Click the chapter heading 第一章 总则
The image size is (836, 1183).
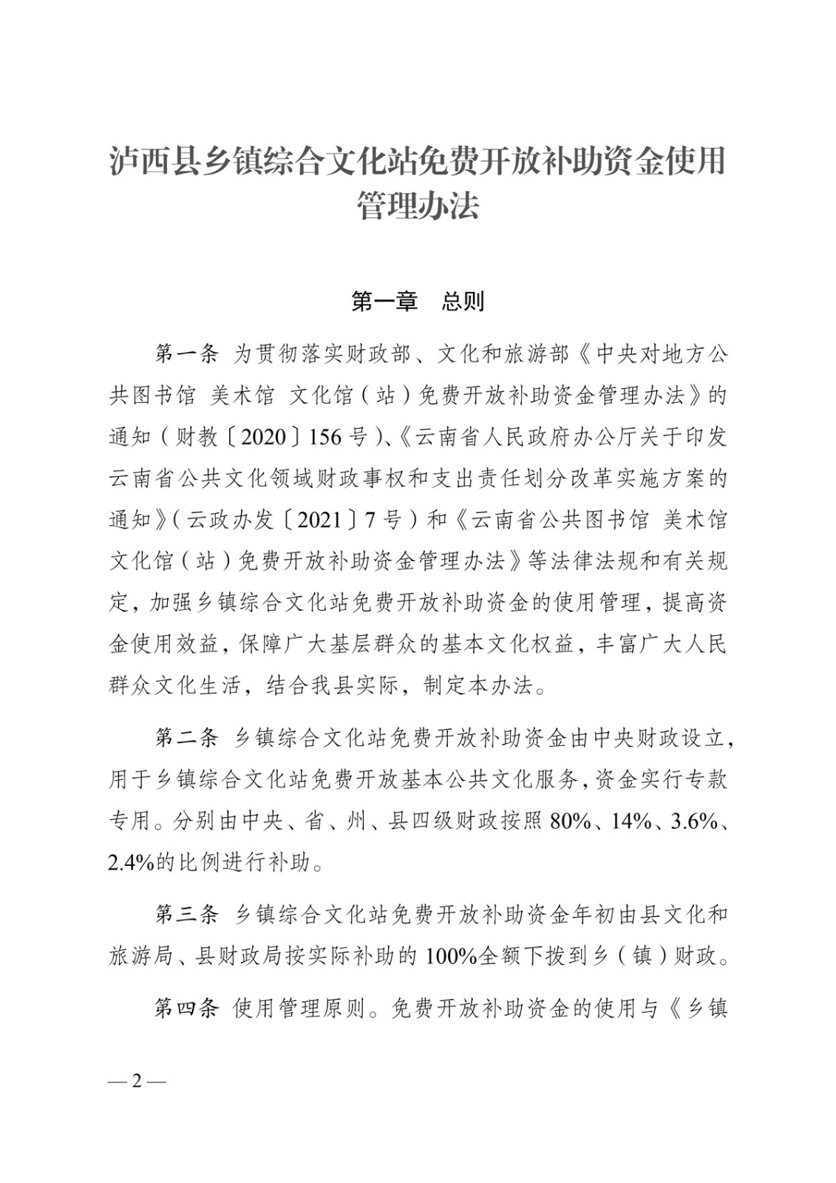click(x=418, y=302)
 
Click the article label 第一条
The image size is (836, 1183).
click(x=186, y=355)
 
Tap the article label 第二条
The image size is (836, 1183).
click(x=186, y=736)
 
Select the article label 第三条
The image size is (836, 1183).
click(x=186, y=915)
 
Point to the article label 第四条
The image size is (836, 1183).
click(x=186, y=1008)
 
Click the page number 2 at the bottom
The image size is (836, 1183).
click(x=137, y=1081)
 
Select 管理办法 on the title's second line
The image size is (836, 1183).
click(x=418, y=206)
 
